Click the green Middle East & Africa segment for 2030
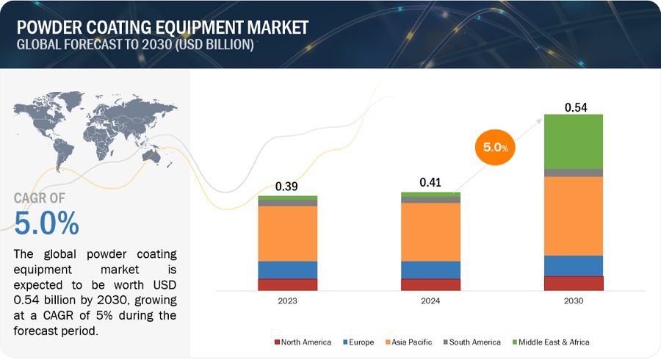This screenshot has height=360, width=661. coord(573,141)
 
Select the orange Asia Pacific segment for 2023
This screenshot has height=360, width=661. coord(287,233)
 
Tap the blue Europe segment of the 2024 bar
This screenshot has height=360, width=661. coord(430,270)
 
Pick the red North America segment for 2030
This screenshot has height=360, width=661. coord(573,283)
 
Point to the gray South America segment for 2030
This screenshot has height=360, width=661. coord(573,173)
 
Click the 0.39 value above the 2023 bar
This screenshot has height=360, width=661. coord(287,187)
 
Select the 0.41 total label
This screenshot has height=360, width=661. coord(430,181)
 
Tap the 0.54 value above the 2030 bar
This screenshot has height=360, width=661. coord(574,108)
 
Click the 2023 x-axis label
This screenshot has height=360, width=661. coord(287,300)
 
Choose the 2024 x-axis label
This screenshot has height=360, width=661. coord(430,300)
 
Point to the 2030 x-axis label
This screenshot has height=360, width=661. coord(573,300)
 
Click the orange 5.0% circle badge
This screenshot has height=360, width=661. coord(495,148)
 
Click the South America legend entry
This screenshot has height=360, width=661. coord(472,342)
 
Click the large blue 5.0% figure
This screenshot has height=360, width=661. coord(47,223)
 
